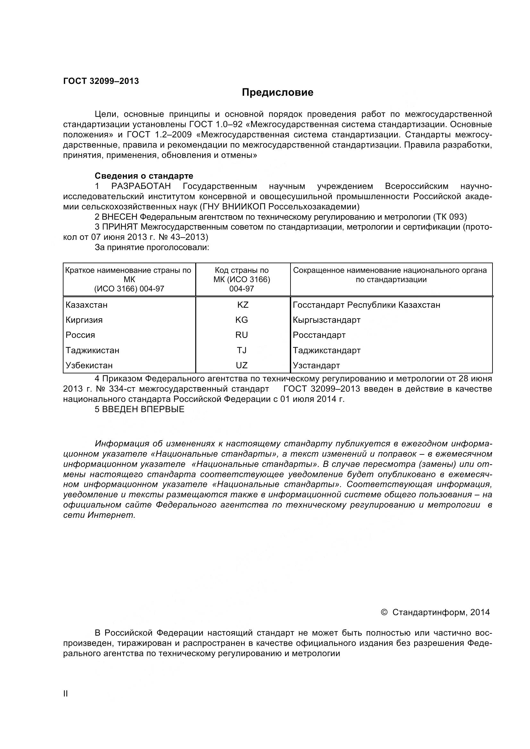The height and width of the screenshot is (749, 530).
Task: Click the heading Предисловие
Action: pos(278,92)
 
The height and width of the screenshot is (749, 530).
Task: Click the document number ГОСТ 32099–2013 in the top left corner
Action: pos(101,81)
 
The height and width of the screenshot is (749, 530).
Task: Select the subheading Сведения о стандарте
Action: pos(144,176)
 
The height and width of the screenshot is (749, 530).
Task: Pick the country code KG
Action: pos(242,320)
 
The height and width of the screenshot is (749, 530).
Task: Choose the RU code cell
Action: pos(242,335)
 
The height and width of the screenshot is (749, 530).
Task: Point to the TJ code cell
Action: pos(242,350)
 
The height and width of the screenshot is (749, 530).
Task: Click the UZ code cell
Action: pos(242,365)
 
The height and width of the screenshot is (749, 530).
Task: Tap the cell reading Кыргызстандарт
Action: pos(326,320)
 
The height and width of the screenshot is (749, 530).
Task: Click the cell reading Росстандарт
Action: pos(319,335)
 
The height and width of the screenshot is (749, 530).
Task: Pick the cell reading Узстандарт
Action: pos(316,365)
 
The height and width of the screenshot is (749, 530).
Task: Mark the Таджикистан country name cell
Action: pos(92,350)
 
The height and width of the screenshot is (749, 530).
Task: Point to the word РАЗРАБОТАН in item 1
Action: pos(141,186)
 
